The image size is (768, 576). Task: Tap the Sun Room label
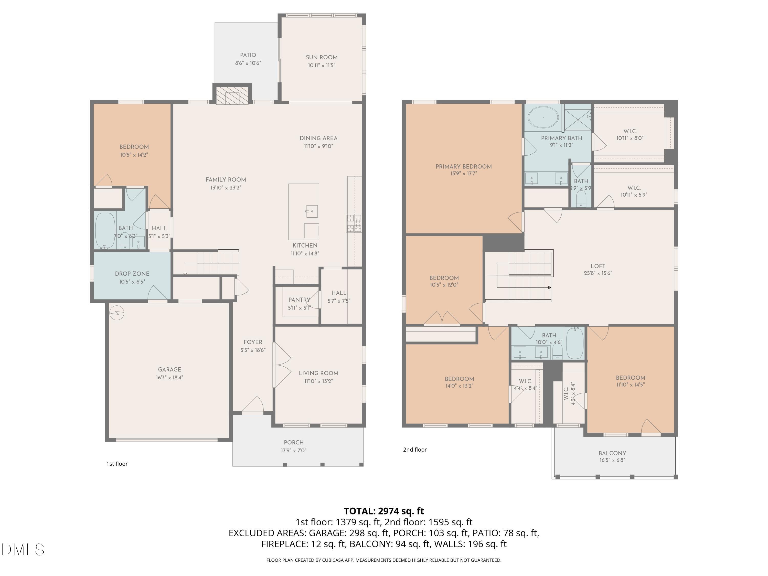(322, 58)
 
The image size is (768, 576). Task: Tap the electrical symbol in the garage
(117, 313)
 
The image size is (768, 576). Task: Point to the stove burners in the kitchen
(354, 223)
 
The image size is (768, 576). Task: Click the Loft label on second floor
(598, 266)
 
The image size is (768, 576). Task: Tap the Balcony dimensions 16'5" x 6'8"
(612, 460)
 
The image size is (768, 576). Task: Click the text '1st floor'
(117, 464)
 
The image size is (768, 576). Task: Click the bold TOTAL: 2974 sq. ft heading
(384, 511)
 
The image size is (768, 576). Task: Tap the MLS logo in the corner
(23, 550)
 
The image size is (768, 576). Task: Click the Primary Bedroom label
(464, 167)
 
